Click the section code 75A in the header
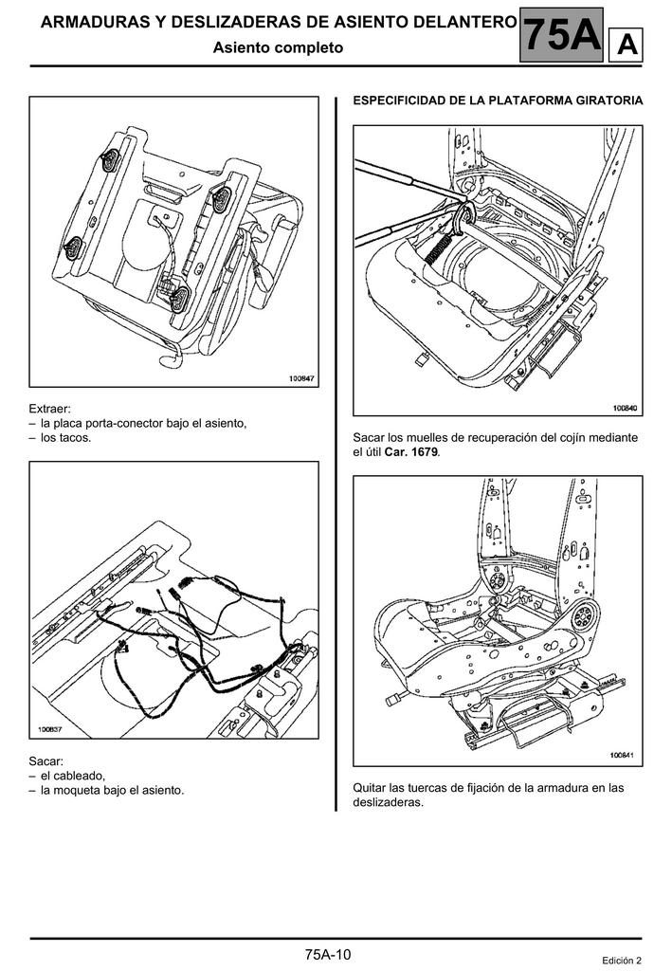click(561, 35)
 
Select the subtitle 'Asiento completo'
click(278, 47)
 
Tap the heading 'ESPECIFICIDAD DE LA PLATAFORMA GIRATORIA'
click(498, 101)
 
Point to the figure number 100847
click(301, 378)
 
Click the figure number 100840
click(625, 408)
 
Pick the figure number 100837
click(50, 730)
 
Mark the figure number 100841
click(622, 756)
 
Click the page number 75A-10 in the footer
click(328, 954)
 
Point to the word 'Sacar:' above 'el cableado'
click(45, 760)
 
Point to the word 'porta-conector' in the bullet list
click(129, 423)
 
